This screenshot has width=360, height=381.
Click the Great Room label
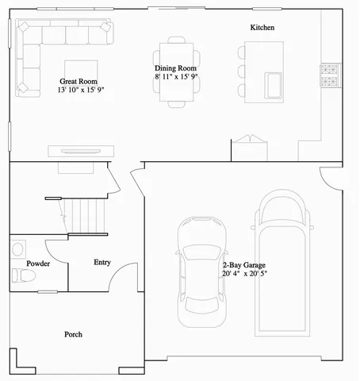coord(79,81)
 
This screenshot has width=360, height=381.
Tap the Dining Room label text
coord(175,68)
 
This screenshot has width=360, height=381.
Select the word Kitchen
coord(262,28)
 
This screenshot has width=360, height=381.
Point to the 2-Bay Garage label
coord(243,264)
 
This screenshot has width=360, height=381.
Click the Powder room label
coord(38,263)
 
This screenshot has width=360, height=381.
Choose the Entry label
coord(102,262)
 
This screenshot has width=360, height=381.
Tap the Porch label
coord(73,334)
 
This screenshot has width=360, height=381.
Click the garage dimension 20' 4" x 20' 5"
coord(244,274)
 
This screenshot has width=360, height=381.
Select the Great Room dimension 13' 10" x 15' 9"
coord(80,90)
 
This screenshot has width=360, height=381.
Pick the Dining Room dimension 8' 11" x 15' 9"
coord(176,78)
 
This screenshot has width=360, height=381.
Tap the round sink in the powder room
coord(18,248)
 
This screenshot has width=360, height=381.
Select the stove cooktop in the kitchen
coord(329,75)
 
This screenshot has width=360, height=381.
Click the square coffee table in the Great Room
coord(82,69)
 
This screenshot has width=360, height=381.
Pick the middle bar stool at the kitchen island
coord(242,71)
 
